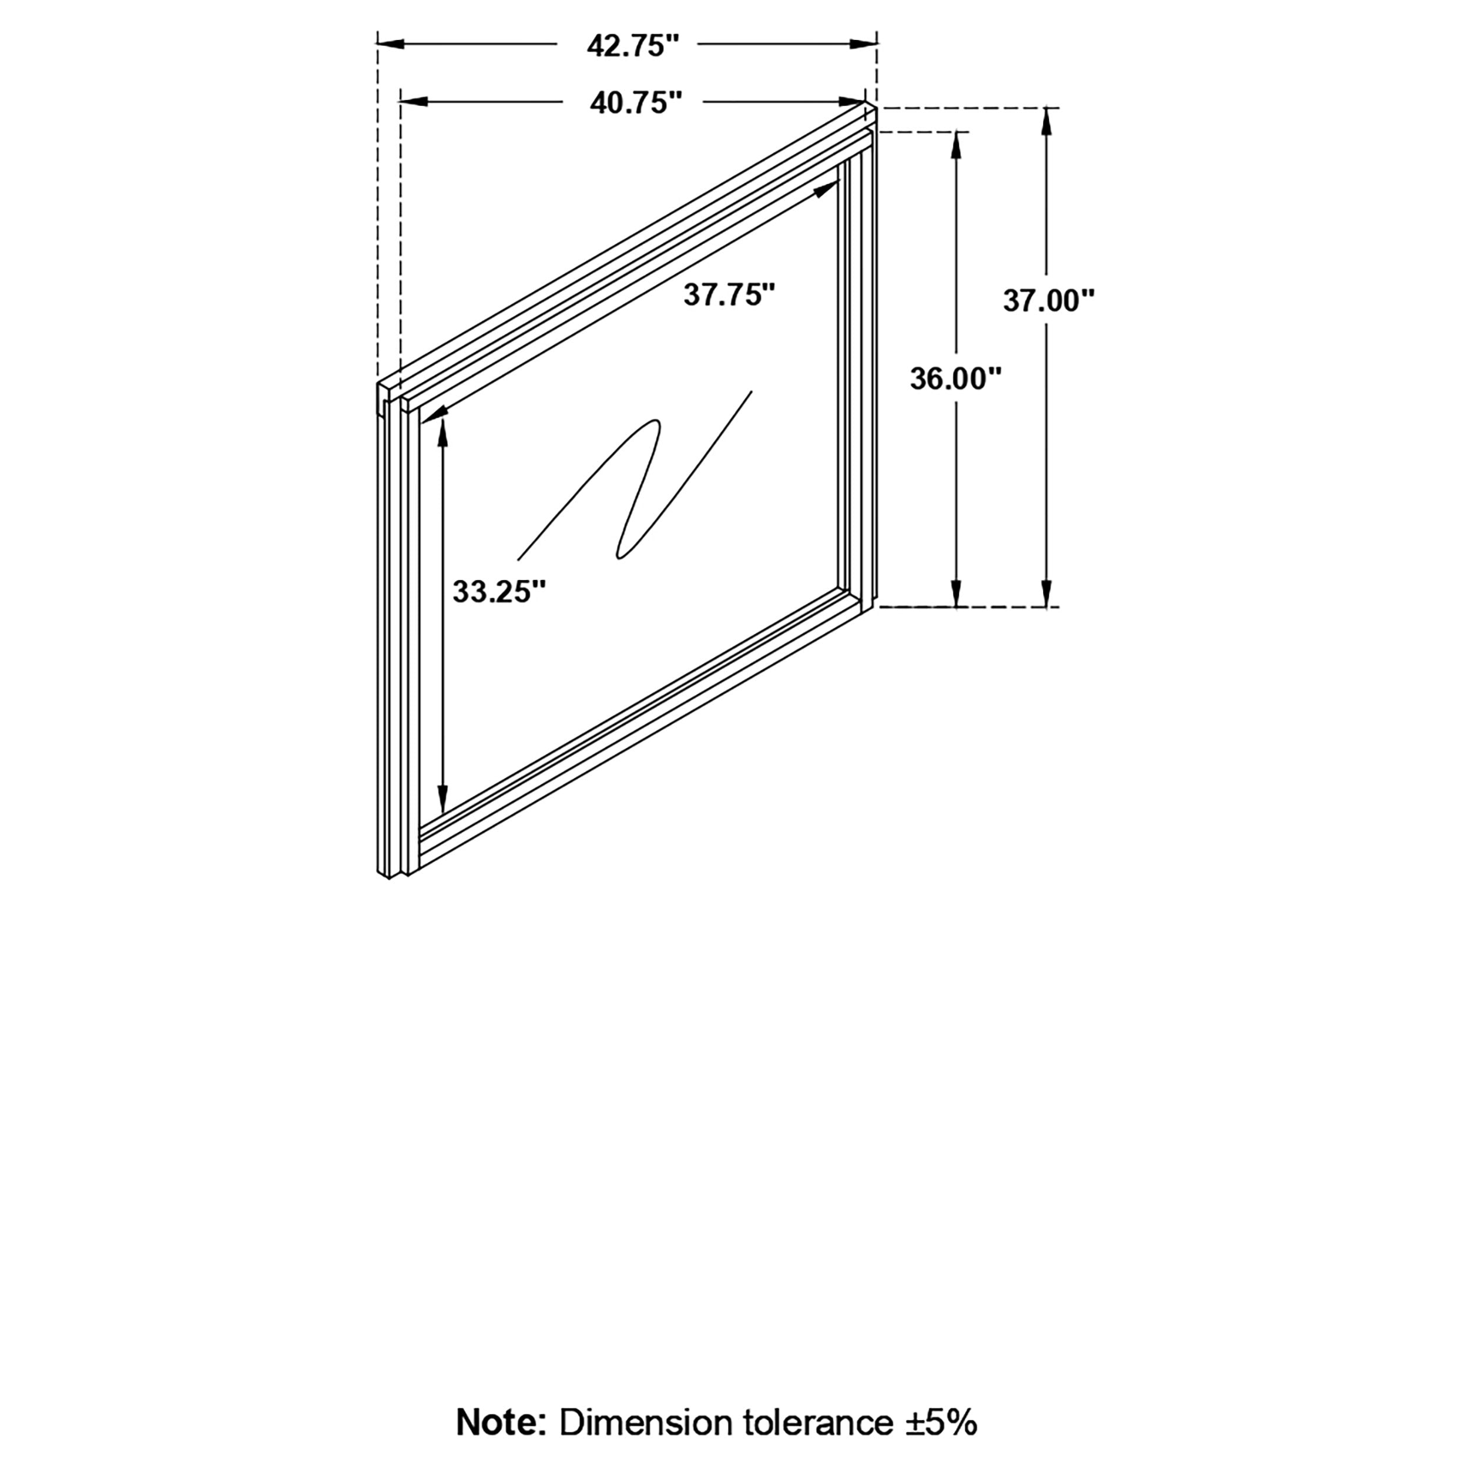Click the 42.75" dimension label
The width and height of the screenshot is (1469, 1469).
(632, 46)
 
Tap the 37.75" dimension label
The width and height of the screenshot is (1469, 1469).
(729, 295)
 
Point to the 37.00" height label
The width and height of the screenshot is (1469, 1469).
(1048, 301)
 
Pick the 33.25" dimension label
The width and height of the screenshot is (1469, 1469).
(499, 592)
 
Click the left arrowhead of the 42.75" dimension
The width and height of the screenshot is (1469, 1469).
(391, 45)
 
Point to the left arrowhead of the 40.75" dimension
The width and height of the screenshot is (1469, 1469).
(414, 101)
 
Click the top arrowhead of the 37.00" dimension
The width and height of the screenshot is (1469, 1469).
(1048, 120)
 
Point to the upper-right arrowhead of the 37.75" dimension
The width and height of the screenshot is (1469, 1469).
(825, 189)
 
